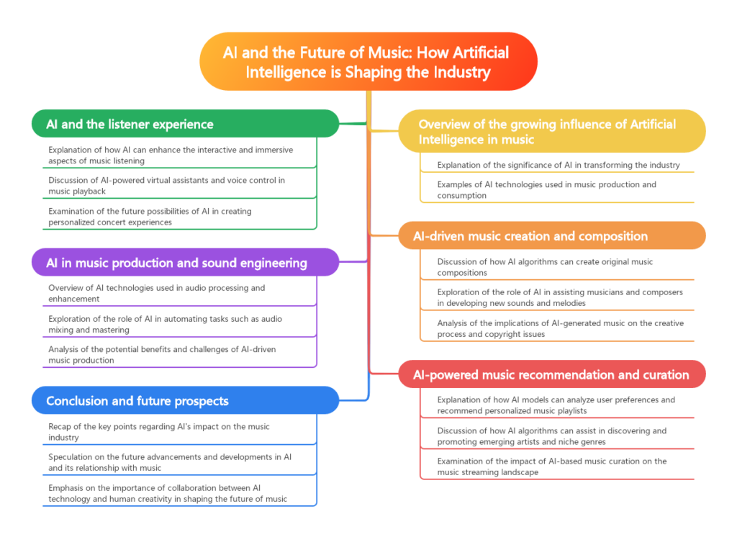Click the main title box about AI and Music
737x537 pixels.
click(368, 61)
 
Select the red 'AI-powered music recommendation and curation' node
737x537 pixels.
click(551, 374)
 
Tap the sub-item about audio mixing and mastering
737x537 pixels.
click(166, 324)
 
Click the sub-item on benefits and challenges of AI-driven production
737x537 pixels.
click(161, 355)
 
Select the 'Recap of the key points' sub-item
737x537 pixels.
click(159, 432)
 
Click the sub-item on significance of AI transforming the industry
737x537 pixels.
click(558, 165)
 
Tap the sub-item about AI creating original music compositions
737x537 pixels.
click(546, 267)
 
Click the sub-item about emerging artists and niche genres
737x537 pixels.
click(552, 436)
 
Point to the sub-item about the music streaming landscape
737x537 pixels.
click(552, 466)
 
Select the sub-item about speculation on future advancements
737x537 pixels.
click(168, 462)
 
